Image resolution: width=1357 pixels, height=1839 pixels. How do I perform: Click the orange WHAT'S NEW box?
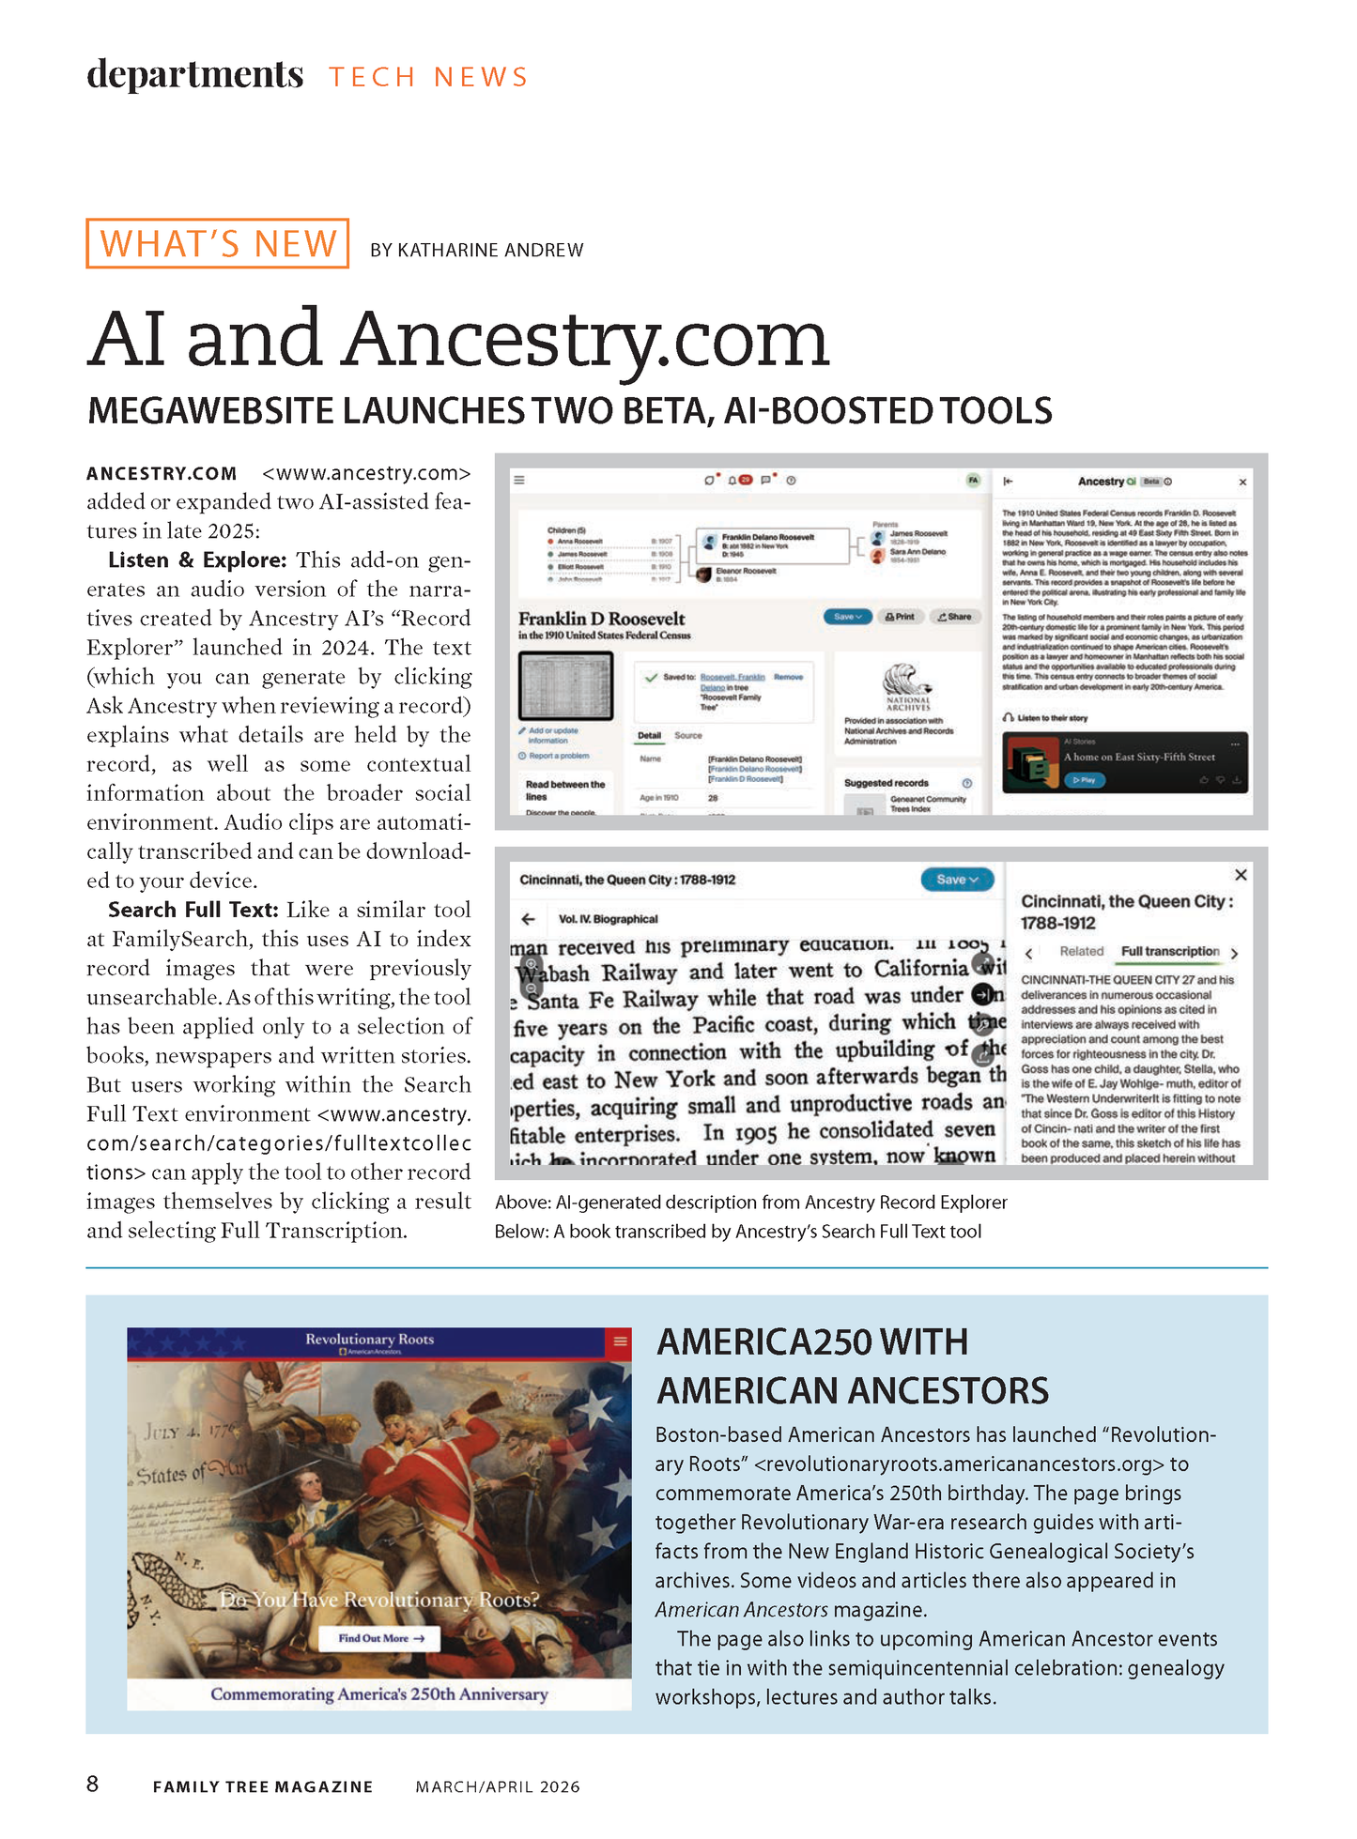pos(217,243)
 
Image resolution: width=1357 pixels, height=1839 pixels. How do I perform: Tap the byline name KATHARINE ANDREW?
pos(490,251)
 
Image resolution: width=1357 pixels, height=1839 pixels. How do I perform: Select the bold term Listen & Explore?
pos(197,560)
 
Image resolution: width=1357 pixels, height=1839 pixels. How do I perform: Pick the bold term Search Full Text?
pos(193,910)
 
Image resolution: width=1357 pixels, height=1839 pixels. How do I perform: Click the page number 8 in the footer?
pos(92,1784)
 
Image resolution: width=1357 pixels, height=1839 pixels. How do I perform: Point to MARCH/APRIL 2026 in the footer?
pos(498,1786)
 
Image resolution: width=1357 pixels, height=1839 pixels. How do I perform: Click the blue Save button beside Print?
pos(847,617)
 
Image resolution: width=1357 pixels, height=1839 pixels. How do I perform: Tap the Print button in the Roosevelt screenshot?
pos(900,617)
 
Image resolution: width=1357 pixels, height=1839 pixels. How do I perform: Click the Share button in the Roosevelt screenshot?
pos(954,617)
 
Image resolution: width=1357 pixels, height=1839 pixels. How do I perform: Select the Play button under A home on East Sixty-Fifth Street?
pos(1085,780)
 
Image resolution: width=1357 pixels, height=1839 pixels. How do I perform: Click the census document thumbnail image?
pos(565,686)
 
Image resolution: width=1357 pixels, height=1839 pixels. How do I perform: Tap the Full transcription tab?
pos(1170,951)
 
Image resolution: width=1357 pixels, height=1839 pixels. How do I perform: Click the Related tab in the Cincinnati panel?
pos(1082,951)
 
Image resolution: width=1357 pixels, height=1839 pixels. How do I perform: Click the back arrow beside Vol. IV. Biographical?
pos(529,919)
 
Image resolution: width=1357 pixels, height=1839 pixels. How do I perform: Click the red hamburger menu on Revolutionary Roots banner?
pos(620,1341)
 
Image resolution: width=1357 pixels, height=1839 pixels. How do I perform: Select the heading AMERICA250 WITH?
pos(812,1342)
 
